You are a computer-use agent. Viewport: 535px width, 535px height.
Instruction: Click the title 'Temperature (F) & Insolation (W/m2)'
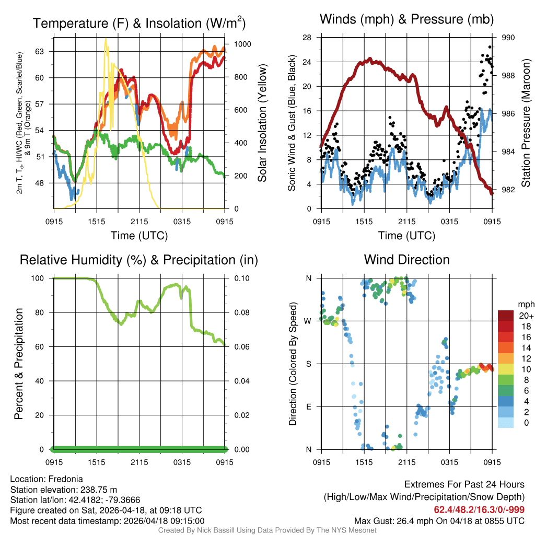click(x=139, y=23)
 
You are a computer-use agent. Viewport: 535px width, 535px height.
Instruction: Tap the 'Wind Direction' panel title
click(x=406, y=260)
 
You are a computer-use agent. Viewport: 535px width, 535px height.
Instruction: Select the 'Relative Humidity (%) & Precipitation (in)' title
click(x=139, y=260)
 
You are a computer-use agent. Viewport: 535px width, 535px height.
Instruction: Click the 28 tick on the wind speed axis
click(x=308, y=38)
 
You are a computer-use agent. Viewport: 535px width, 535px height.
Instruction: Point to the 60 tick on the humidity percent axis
click(x=41, y=347)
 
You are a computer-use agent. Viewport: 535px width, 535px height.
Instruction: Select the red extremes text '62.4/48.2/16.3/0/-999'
click(x=479, y=509)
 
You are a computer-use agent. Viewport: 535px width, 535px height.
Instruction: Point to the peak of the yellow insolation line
click(x=106, y=39)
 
